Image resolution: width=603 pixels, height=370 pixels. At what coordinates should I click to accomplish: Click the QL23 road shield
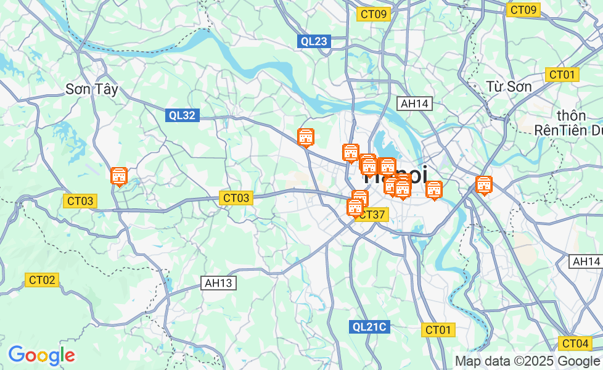click(x=314, y=41)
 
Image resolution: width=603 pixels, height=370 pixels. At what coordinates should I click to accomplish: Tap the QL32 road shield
click(x=182, y=115)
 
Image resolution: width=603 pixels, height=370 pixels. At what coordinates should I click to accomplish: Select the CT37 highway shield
click(x=373, y=215)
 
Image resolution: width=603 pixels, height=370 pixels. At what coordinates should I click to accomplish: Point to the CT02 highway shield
click(x=42, y=280)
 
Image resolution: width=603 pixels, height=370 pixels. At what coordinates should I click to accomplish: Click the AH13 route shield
click(x=219, y=283)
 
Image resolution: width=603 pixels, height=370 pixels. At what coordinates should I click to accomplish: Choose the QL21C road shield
click(x=370, y=327)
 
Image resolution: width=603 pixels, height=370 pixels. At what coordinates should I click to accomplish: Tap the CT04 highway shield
click(x=575, y=343)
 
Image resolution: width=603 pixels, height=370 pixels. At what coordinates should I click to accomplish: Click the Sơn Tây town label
click(x=91, y=89)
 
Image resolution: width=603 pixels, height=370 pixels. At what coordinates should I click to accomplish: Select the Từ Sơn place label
click(x=509, y=86)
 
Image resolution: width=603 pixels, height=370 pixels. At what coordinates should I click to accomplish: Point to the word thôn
click(x=570, y=116)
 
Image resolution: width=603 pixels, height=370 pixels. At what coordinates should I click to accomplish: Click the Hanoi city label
click(x=395, y=175)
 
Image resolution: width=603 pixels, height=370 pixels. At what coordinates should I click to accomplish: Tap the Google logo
click(x=41, y=355)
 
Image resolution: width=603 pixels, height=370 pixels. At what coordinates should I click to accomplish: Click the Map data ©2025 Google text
click(x=527, y=361)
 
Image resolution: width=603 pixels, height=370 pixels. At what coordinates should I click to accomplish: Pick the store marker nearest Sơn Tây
click(x=119, y=176)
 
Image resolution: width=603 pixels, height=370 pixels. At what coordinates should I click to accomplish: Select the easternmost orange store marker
click(x=484, y=185)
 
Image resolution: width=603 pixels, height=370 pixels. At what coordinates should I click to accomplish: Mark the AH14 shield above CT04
click(x=586, y=261)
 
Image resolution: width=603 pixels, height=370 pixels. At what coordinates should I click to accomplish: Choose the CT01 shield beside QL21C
click(x=438, y=330)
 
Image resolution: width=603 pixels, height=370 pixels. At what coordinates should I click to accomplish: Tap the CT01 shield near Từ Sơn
click(x=562, y=75)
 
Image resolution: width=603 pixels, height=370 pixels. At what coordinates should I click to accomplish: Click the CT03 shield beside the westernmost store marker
click(x=80, y=201)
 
